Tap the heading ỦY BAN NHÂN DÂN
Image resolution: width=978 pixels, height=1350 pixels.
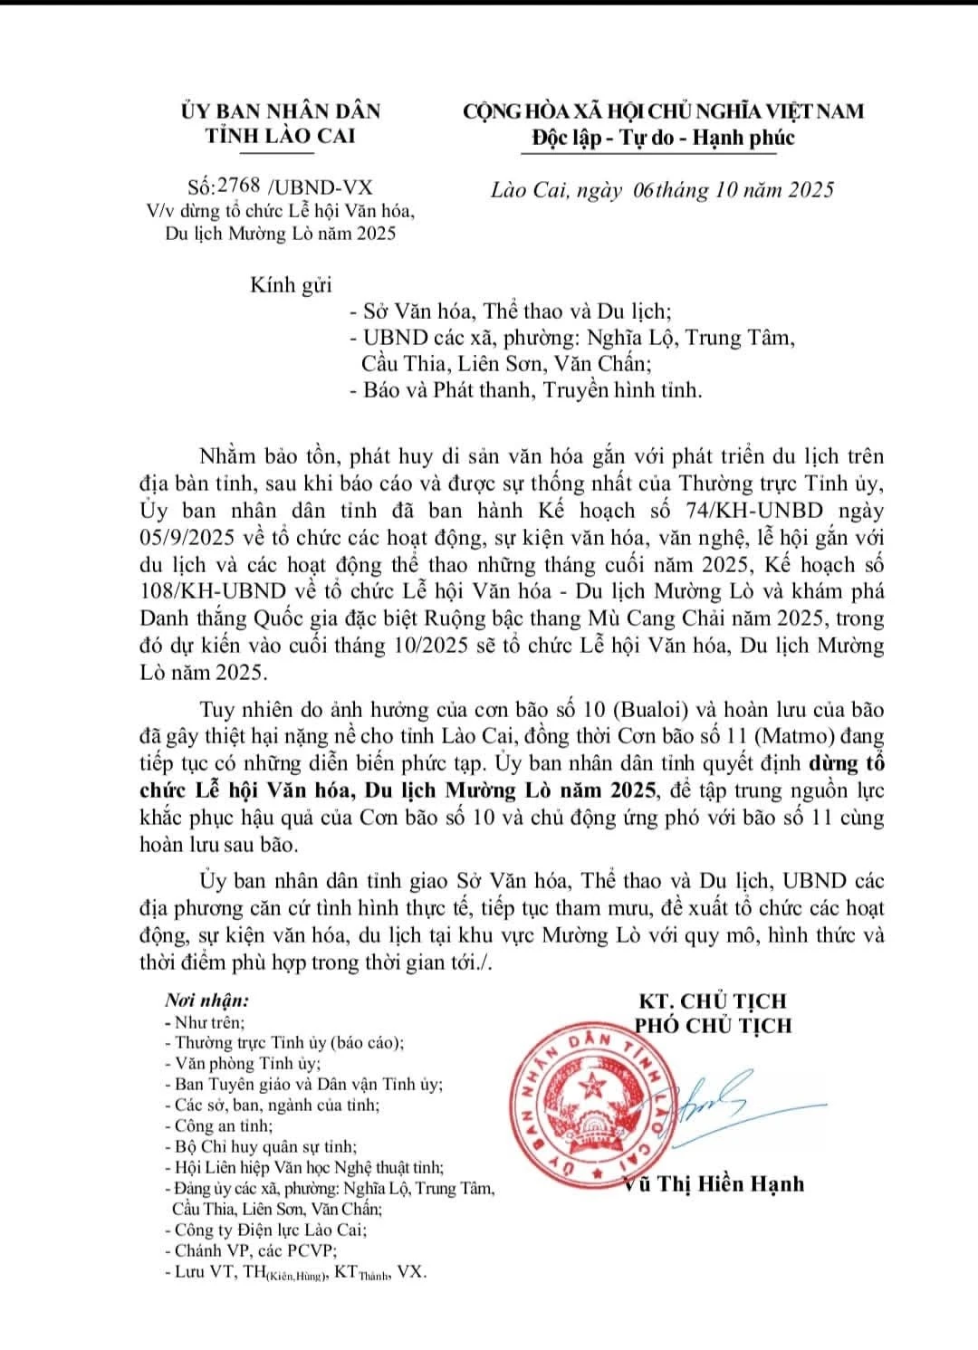pyautogui.click(x=281, y=111)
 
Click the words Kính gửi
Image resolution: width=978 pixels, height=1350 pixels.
pyautogui.click(x=291, y=285)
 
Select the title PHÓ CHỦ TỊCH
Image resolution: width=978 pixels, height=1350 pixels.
pyautogui.click(x=714, y=1025)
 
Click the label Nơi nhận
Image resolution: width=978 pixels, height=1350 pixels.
pyautogui.click(x=206, y=1001)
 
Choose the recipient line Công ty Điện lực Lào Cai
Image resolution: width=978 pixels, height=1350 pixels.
pyautogui.click(x=271, y=1230)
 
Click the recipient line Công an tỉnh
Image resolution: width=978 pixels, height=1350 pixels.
pyautogui.click(x=223, y=1125)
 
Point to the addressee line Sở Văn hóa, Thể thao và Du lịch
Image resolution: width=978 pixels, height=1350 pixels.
pyautogui.click(x=516, y=312)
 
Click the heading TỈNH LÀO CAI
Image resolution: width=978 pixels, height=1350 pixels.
pyautogui.click(x=281, y=136)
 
